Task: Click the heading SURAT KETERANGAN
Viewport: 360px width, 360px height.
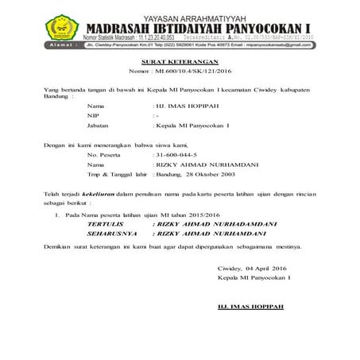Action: click(180, 60)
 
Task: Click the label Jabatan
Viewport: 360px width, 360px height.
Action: click(100, 126)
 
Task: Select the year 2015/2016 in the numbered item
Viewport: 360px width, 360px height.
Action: click(202, 215)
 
